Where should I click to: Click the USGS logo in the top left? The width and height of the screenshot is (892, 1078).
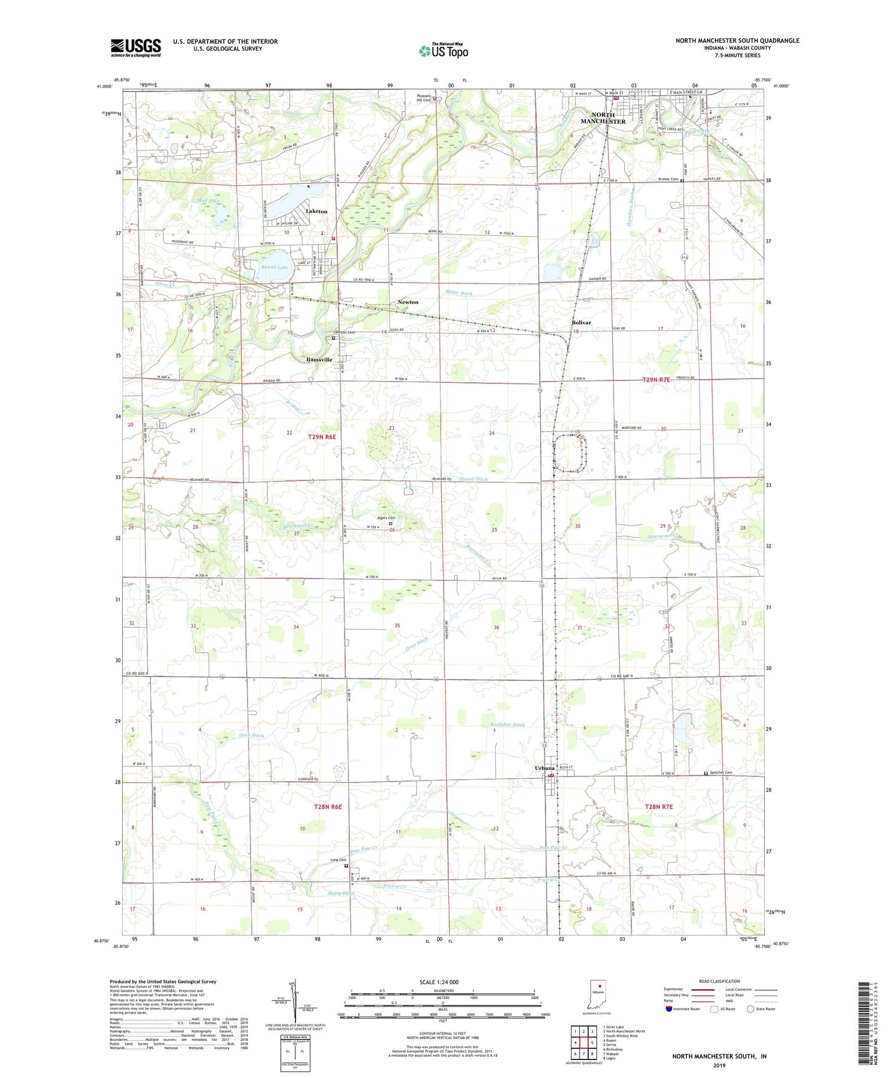click(136, 47)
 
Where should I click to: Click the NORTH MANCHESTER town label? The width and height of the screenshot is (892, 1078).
click(599, 118)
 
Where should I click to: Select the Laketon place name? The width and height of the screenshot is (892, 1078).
click(317, 211)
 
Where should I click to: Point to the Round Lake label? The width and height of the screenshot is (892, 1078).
click(274, 267)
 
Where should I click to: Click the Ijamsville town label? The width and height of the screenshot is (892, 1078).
click(319, 359)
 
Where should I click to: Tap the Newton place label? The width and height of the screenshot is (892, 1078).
click(407, 302)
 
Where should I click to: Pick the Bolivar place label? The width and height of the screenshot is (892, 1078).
click(581, 322)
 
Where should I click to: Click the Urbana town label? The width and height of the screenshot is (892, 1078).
click(544, 767)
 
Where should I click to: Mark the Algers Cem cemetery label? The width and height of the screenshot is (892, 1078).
click(386, 518)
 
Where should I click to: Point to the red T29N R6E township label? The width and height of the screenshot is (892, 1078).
click(322, 437)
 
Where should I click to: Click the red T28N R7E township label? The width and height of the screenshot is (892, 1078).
click(658, 807)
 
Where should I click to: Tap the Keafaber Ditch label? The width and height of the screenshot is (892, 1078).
click(502, 725)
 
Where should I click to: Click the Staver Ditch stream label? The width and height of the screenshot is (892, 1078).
click(473, 479)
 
